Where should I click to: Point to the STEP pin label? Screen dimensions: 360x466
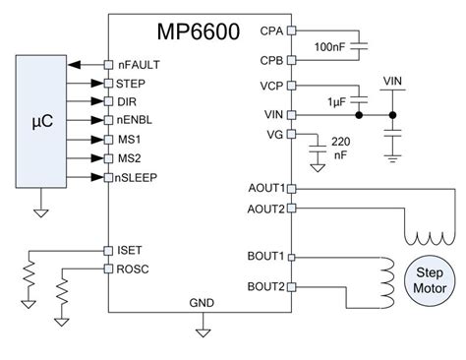(132, 84)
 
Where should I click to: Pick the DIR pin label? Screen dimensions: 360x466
(127, 102)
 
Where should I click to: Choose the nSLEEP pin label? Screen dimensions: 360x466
(139, 177)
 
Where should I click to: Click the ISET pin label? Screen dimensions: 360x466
(130, 250)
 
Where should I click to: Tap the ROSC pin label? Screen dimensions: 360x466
(133, 268)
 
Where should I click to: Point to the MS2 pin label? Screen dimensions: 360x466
(129, 157)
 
